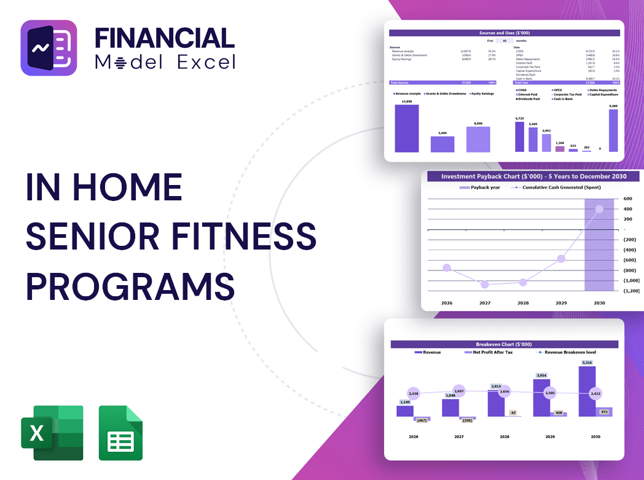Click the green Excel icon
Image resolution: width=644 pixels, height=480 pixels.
[52, 433]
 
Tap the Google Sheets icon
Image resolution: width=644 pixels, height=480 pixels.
[120, 433]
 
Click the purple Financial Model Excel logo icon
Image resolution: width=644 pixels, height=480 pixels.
[49, 48]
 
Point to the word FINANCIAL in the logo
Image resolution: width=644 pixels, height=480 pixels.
[164, 38]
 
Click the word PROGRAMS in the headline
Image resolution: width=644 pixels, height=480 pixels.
[130, 286]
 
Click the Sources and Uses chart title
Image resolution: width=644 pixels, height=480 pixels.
[504, 33]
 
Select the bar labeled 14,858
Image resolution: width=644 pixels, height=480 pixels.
[407, 128]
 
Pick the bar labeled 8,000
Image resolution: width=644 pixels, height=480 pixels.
[478, 140]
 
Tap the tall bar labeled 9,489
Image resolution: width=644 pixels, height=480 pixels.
[613, 131]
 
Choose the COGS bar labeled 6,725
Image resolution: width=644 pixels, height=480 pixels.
[520, 136]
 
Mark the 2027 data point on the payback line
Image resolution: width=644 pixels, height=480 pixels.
[485, 285]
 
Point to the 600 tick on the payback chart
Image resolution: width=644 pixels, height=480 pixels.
[627, 199]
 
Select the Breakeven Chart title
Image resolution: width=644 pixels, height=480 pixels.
[504, 344]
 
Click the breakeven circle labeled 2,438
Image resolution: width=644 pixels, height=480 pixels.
[413, 393]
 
